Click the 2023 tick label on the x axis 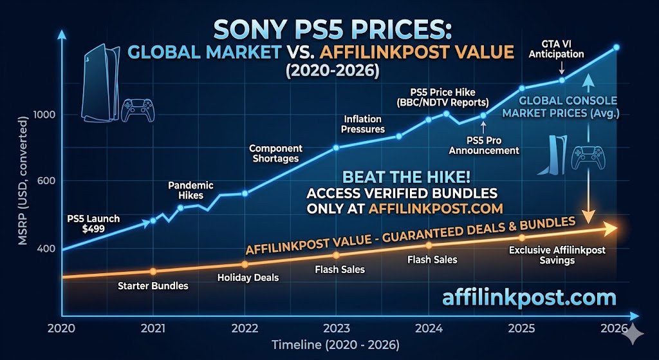tap(335, 327)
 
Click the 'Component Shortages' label tap(275, 153)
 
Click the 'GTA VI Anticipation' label tap(556, 49)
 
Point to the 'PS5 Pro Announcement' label tap(483, 145)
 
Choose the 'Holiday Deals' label tap(248, 278)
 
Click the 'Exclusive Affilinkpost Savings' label tap(557, 255)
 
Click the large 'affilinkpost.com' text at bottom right tap(529, 298)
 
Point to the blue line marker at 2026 tap(616, 48)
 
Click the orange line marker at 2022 tap(245, 264)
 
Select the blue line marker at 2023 tap(336, 147)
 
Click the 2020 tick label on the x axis tap(62, 327)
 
